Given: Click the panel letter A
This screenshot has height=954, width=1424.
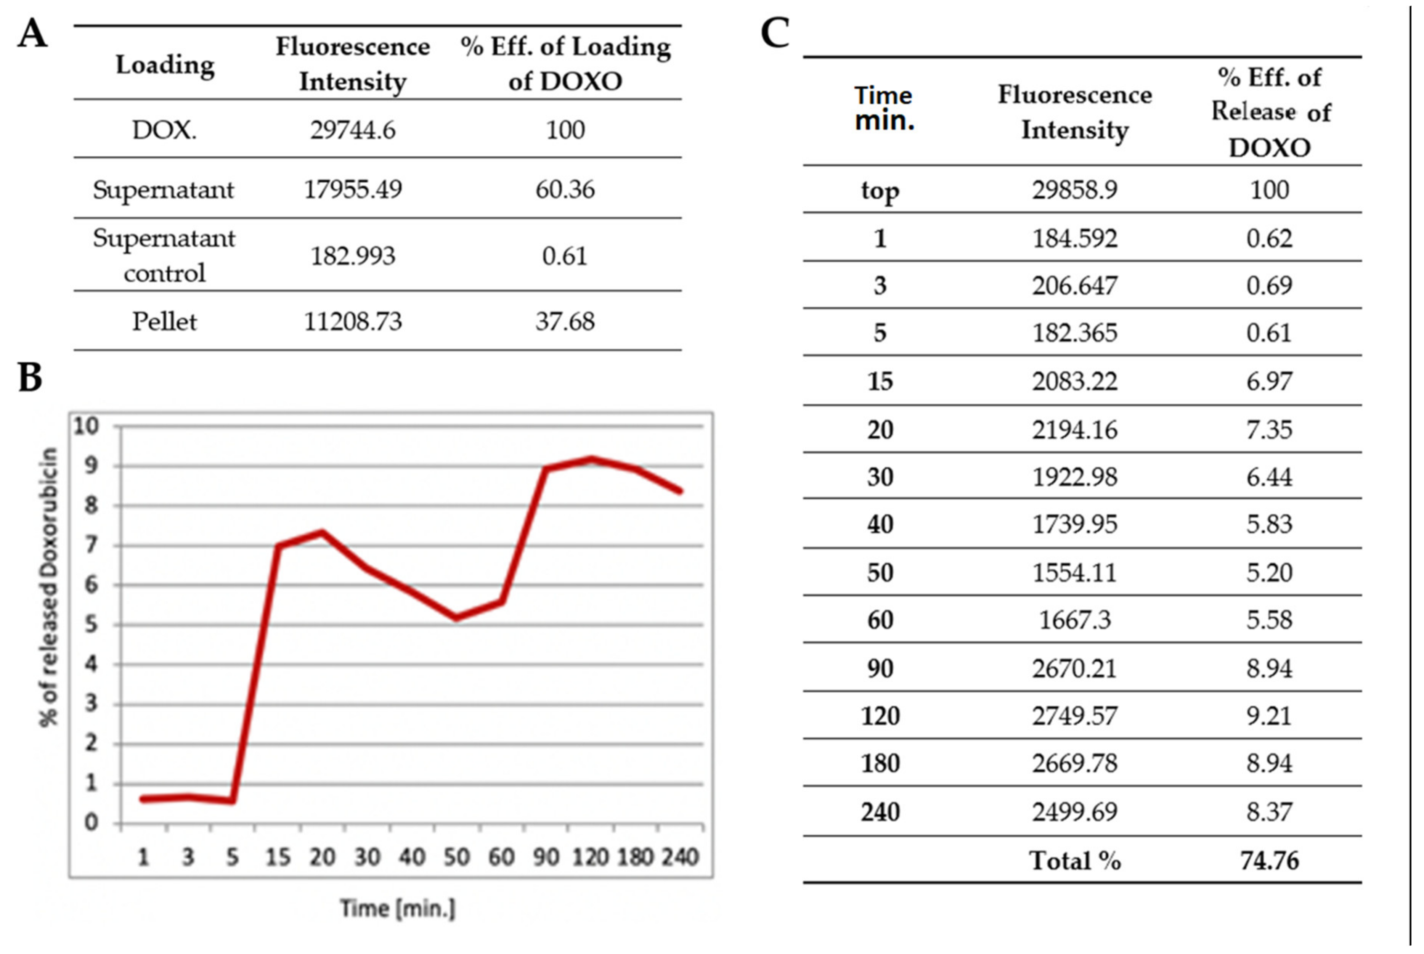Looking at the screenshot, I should (32, 34).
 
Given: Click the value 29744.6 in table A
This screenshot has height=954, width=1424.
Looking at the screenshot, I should (352, 130).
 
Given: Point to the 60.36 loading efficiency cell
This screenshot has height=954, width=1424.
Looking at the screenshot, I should (565, 189).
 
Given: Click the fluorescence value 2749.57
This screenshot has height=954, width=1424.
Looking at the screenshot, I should (1074, 715).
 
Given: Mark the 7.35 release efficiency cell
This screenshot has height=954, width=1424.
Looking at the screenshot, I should (1269, 430).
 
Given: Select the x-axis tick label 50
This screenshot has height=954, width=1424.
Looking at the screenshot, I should (456, 857).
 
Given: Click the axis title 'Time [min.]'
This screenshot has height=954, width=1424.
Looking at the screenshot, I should (397, 908).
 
